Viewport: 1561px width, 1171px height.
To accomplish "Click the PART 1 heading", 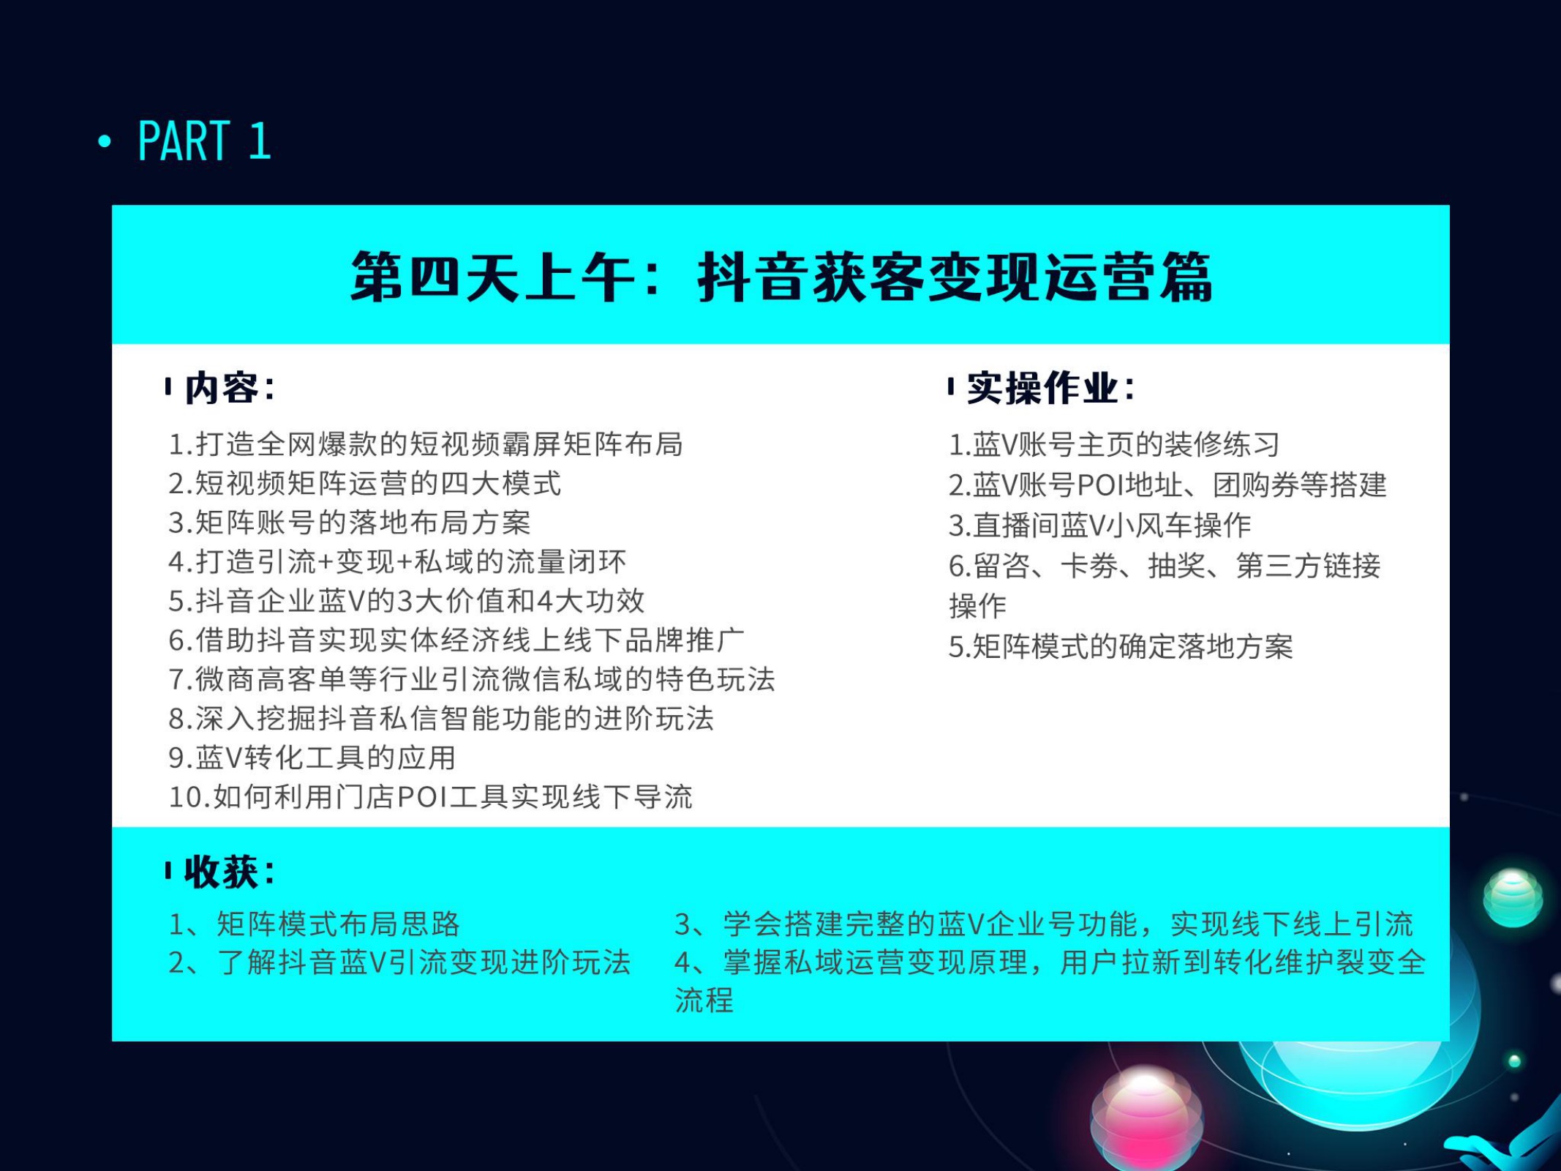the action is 204,141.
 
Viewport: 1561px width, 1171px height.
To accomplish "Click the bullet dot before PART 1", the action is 105,141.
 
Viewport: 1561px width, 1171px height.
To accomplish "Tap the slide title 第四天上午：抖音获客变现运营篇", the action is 781,277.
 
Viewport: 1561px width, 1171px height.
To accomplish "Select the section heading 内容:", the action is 229,387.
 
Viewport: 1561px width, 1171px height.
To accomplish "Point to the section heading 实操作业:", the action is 1050,387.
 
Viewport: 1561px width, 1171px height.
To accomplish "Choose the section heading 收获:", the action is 229,872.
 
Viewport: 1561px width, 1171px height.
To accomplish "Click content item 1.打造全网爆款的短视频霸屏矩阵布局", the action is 426,444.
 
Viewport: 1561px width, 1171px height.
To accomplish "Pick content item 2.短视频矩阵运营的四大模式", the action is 365,484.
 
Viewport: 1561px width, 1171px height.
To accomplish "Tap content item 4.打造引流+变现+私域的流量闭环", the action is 397,562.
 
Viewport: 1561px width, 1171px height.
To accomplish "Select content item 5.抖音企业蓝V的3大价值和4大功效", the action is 407,601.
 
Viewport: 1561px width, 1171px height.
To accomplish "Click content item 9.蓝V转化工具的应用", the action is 312,757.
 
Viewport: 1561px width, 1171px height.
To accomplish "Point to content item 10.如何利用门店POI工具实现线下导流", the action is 430,797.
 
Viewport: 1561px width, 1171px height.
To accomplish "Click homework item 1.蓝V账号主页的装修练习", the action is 1114,444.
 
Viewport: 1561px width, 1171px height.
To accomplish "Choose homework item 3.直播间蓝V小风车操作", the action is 1100,525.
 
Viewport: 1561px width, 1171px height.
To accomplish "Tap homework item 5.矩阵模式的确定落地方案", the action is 1121,646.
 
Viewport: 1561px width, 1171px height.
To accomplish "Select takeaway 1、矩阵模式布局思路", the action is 315,924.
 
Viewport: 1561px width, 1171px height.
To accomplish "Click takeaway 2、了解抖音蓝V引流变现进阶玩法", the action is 399,962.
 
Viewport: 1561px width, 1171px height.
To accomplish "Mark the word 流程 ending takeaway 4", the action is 704,1000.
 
